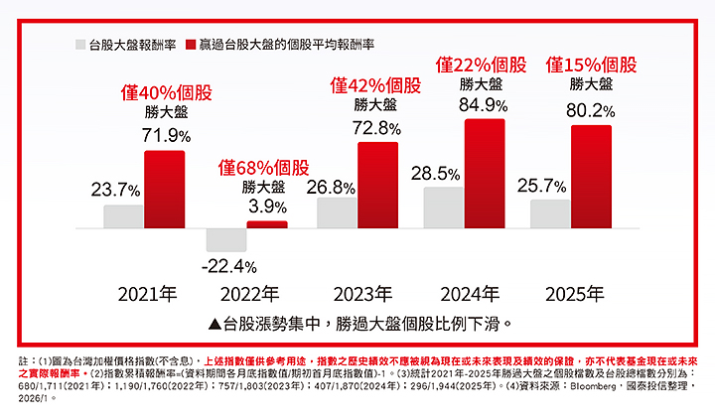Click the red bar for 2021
pyautogui.click(x=164, y=190)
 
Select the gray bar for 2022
pyautogui.click(x=226, y=239)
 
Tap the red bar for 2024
pyautogui.click(x=485, y=174)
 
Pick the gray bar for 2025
pyautogui.click(x=550, y=213)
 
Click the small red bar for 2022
pyautogui.click(x=266, y=224)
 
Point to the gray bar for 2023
pyautogui.click(x=337, y=212)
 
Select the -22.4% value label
pyautogui.click(x=228, y=266)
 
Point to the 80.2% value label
pyautogui.click(x=590, y=109)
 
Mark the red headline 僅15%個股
pyautogui.click(x=592, y=64)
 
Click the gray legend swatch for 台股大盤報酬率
pyautogui.click(x=80, y=45)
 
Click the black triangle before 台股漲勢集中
pyautogui.click(x=215, y=323)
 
